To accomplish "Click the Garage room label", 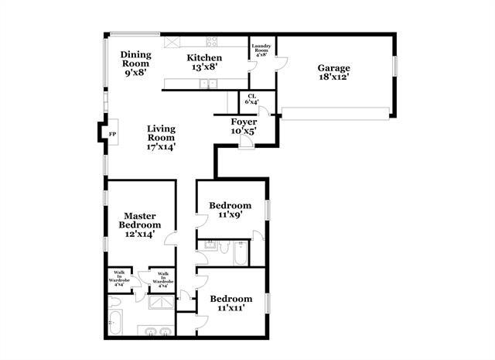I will click(334, 72).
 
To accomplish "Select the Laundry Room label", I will click(261, 50).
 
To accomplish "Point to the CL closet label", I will click(252, 98).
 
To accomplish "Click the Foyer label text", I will click(244, 126).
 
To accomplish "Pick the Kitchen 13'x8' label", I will click(205, 63).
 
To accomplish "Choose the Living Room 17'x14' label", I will click(162, 138).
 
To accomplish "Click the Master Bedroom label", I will click(140, 225).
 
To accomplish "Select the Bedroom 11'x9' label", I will click(231, 210).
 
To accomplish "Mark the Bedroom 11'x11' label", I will click(231, 303).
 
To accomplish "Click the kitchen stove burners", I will click(211, 42).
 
